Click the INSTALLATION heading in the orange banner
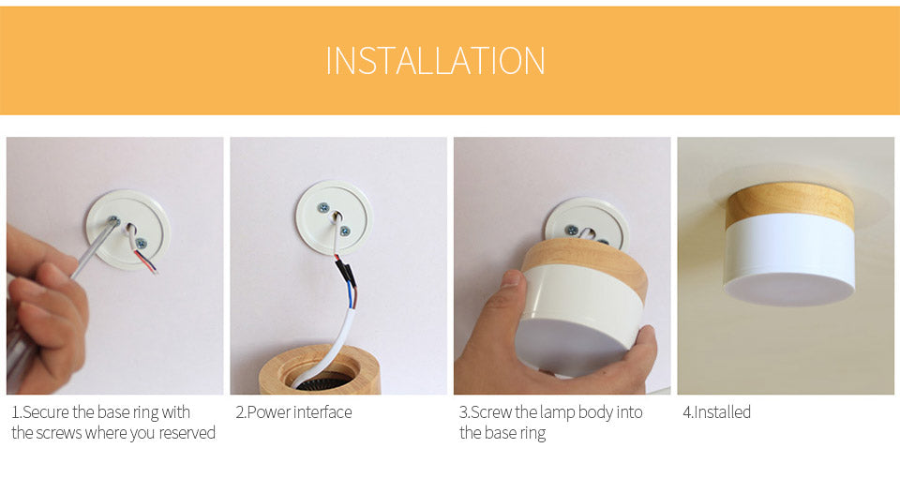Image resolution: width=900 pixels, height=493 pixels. point(435,61)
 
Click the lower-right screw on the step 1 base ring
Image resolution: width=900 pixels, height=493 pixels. point(142,244)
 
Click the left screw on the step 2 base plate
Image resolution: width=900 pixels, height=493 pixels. point(323,207)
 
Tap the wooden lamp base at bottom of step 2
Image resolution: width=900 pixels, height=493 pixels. point(320,369)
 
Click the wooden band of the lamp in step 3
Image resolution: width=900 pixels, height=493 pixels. point(585,264)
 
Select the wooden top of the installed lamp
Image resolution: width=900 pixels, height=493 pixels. point(789,202)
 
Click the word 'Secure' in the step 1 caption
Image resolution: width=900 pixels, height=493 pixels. point(45,412)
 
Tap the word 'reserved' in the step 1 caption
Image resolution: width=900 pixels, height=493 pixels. point(187,433)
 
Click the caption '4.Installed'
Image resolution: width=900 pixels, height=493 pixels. point(717,412)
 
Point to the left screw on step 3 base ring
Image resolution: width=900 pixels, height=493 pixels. point(572,231)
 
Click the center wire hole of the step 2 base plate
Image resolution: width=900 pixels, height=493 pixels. point(337,217)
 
